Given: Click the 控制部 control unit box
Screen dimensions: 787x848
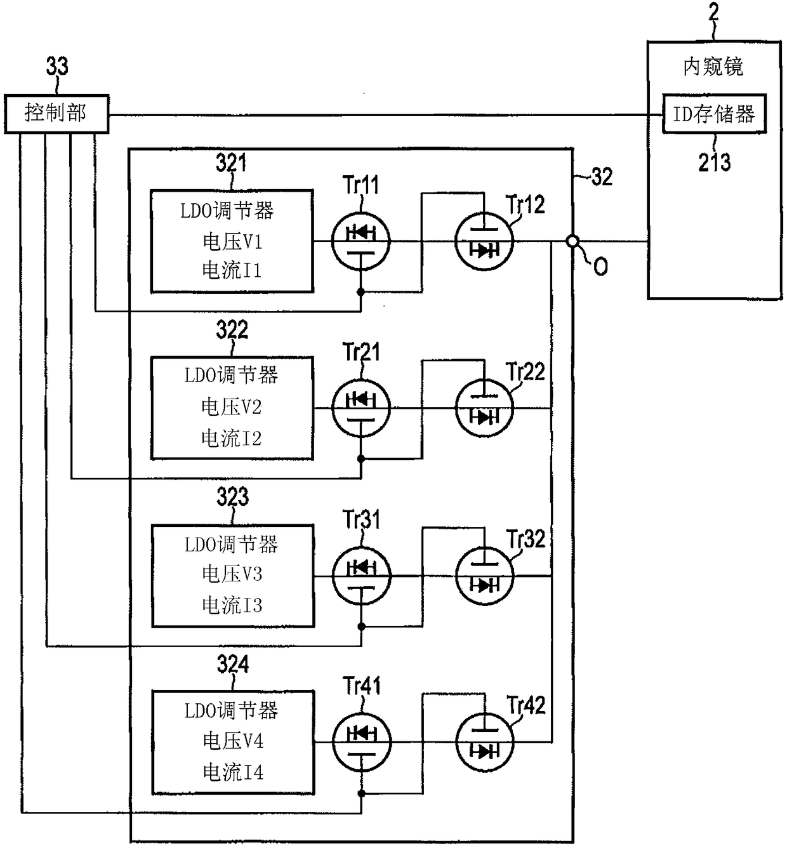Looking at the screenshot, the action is [56, 114].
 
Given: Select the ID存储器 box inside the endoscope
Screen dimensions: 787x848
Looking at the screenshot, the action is [715, 114].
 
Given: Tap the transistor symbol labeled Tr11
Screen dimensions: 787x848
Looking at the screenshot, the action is [361, 241].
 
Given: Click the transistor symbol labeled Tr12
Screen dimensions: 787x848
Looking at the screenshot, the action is [484, 241].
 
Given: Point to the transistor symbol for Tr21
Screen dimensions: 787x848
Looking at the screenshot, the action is [361, 408].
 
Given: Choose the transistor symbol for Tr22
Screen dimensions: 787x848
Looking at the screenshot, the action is [484, 408].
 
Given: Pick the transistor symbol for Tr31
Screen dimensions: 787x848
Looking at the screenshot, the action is [361, 576].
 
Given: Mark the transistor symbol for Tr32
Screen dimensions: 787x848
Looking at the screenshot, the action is [485, 576].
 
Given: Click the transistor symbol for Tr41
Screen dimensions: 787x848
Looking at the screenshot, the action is [361, 743].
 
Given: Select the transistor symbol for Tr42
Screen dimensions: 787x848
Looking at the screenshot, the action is [485, 743].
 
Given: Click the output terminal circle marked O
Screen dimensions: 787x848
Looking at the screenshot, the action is [572, 241].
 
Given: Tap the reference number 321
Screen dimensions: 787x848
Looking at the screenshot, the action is [231, 162].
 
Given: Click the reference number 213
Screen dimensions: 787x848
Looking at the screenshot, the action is [715, 162].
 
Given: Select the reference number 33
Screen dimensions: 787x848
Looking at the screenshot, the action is [56, 66].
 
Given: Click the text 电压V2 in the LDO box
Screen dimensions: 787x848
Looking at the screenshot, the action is [232, 407].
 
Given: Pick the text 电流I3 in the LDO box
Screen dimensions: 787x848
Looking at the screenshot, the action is [232, 605].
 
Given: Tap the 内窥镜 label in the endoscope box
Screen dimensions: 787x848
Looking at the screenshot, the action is [713, 67].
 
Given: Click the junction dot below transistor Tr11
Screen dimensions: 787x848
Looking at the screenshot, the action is [361, 292].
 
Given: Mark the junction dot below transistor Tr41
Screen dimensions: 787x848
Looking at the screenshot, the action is [361, 794].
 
